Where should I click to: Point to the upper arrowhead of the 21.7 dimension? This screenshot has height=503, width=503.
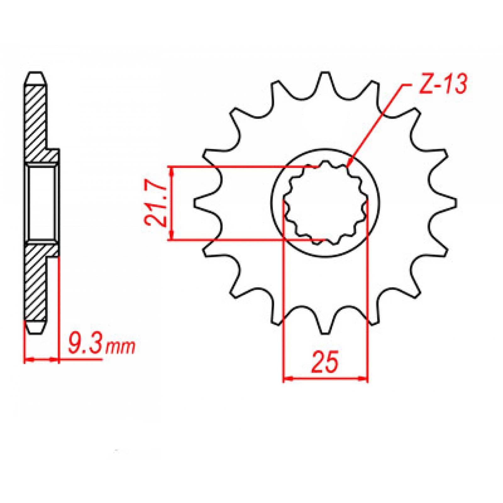tap(171, 170)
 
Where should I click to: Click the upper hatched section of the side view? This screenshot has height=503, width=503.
tap(36, 123)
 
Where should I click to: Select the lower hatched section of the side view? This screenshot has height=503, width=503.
tap(36, 283)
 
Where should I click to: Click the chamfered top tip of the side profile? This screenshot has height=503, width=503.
tap(35, 74)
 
